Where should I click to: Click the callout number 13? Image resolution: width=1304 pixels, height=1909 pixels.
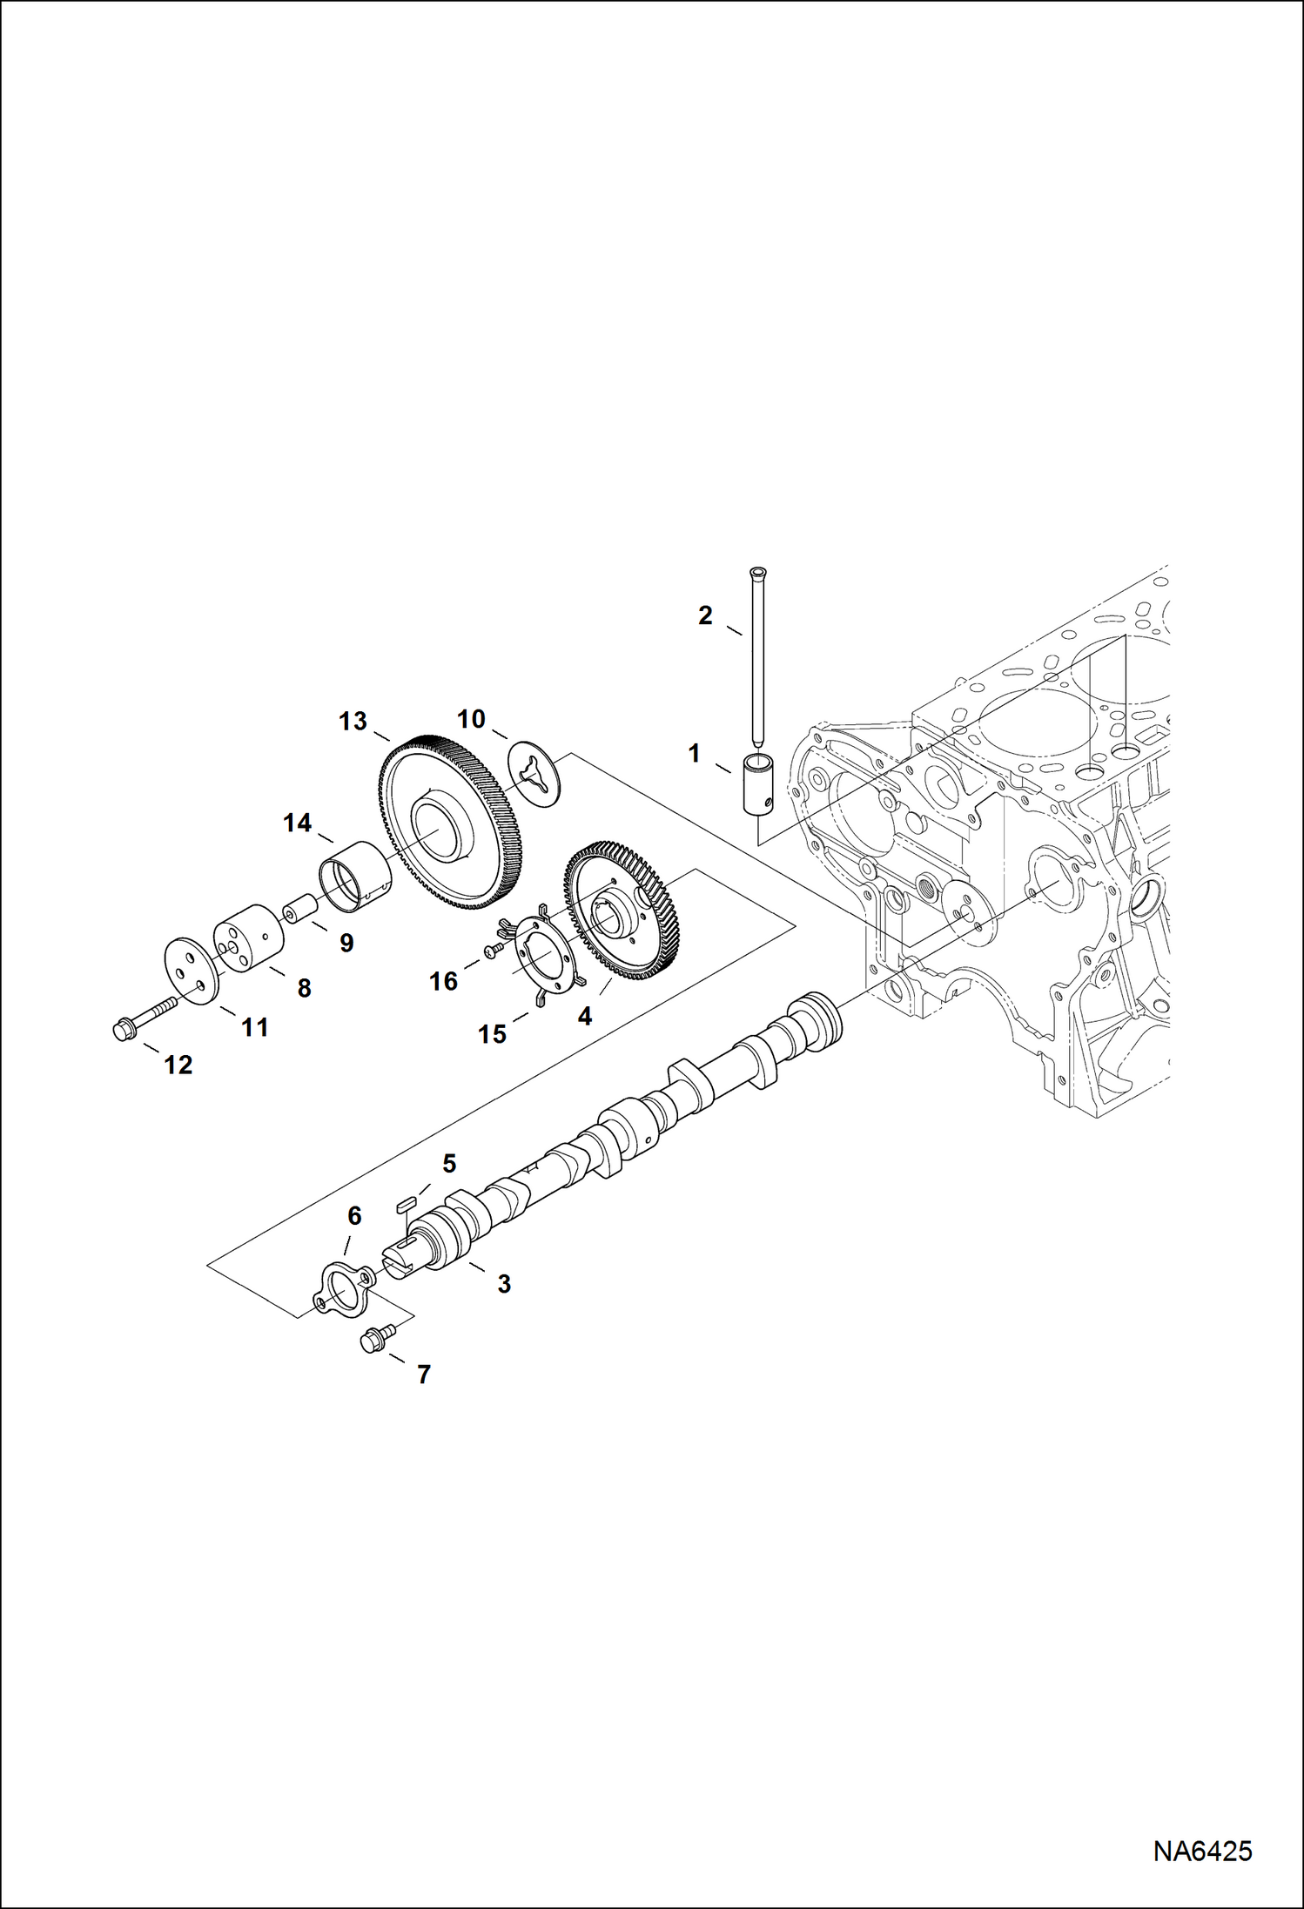tap(353, 722)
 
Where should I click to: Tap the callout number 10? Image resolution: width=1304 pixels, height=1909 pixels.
tap(471, 719)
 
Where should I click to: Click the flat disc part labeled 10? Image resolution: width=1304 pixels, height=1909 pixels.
tap(534, 774)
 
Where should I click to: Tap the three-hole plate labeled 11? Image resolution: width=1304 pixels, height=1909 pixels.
tap(191, 971)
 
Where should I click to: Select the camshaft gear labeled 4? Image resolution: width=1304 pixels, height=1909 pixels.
tap(625, 911)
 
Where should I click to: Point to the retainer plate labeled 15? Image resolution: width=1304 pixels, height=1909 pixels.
tap(543, 958)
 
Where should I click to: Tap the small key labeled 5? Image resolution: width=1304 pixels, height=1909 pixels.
tap(404, 1203)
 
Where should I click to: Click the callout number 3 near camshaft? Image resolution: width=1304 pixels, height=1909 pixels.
tap(503, 1283)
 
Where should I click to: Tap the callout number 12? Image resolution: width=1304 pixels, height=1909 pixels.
tap(178, 1065)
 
